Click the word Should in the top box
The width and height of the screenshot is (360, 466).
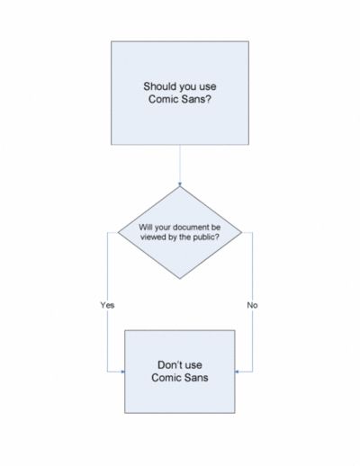(x=160, y=86)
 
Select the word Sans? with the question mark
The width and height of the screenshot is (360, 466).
(x=196, y=99)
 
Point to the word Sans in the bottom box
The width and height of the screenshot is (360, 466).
(x=196, y=378)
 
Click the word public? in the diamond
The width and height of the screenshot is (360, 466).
(x=206, y=237)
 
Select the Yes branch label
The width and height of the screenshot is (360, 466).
(x=107, y=305)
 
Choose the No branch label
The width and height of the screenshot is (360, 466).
(x=252, y=305)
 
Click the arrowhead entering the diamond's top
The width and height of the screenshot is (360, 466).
(x=180, y=184)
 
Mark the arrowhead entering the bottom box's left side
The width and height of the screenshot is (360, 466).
(x=122, y=372)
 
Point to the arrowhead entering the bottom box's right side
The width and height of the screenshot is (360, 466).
(x=237, y=372)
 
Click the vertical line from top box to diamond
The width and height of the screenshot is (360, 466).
(x=180, y=165)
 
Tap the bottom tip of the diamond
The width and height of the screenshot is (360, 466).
(x=180, y=279)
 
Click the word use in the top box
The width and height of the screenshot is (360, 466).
(x=208, y=86)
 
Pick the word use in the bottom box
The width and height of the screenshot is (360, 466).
(x=193, y=365)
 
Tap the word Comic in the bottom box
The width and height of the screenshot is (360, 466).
(x=166, y=378)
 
